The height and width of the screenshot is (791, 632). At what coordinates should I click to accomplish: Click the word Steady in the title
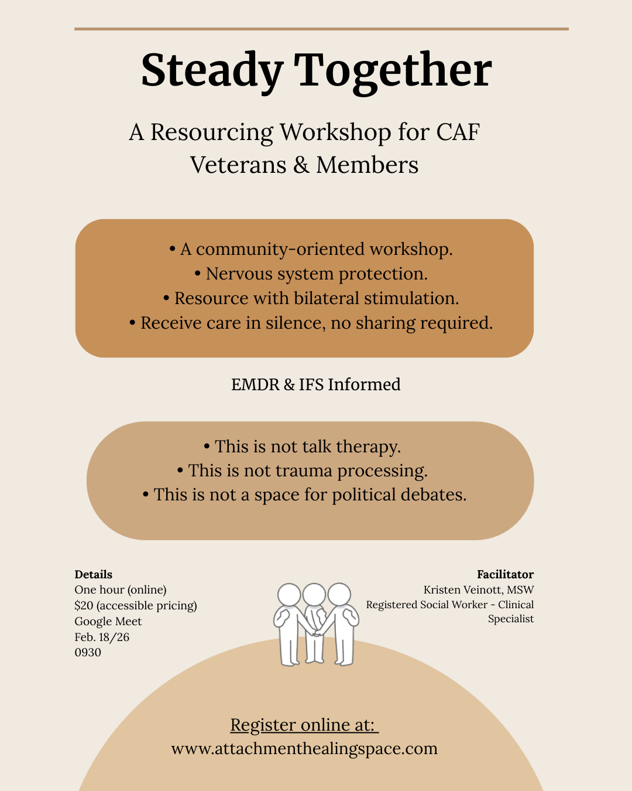click(212, 71)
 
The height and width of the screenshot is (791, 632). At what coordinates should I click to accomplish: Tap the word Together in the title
click(393, 71)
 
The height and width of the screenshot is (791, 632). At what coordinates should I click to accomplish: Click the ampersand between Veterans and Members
click(301, 165)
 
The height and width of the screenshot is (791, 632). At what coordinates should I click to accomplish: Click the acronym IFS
click(311, 384)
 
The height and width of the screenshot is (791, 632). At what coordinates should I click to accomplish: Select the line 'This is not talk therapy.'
click(303, 446)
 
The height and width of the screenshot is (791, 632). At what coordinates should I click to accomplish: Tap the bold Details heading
click(94, 574)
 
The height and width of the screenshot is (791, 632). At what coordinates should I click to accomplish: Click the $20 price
click(84, 605)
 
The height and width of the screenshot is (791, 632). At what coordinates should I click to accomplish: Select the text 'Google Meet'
click(108, 621)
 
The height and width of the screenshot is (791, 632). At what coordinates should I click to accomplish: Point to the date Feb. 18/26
click(102, 637)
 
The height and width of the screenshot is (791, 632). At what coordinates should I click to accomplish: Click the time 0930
click(88, 652)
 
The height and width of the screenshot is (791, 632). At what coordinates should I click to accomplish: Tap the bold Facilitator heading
click(505, 574)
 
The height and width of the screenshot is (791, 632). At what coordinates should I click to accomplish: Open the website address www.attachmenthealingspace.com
click(304, 748)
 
